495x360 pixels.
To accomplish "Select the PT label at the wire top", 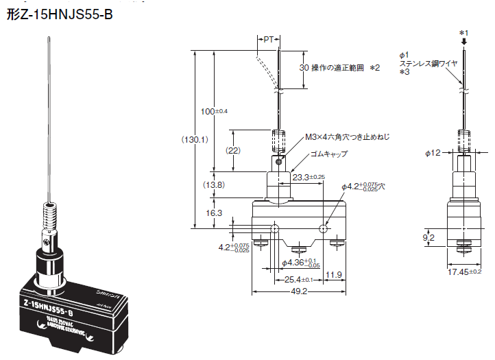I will [269, 40].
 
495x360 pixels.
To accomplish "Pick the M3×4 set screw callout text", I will [347, 137].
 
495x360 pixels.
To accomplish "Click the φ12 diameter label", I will [433, 153].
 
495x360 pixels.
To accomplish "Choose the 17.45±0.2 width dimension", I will [463, 272].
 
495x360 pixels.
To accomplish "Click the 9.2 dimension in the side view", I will [429, 238].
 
